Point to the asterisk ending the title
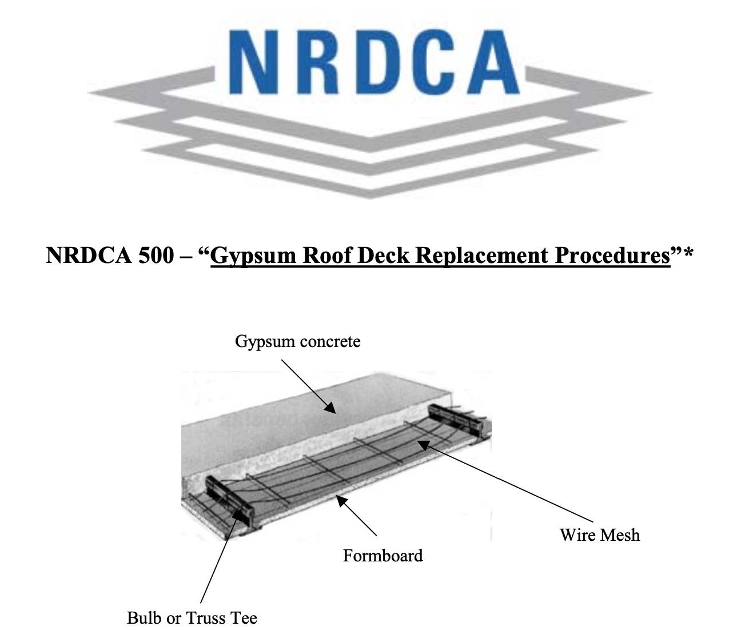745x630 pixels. [x=688, y=252]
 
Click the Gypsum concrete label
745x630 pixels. [x=297, y=342]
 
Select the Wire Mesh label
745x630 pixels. [x=599, y=535]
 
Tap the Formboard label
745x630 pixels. [x=383, y=556]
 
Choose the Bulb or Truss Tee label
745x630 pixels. [x=192, y=618]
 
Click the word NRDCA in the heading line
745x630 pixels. [x=89, y=255]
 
